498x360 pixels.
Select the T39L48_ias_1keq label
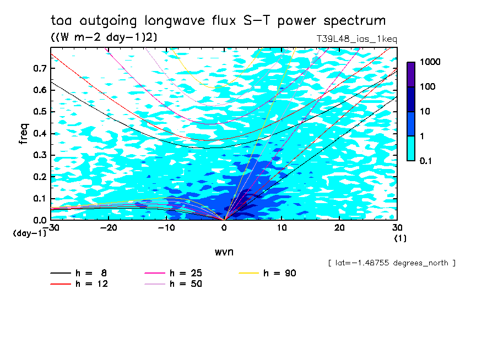[x=356, y=40]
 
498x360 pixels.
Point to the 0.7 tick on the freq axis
[x=40, y=68]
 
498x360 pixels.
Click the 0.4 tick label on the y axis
[x=40, y=133]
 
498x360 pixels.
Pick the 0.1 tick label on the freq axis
[x=40, y=198]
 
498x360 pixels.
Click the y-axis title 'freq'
[x=24, y=133]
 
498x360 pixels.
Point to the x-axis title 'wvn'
[x=224, y=252]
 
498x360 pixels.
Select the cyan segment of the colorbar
[x=411, y=148]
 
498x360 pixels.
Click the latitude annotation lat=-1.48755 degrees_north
[x=392, y=263]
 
